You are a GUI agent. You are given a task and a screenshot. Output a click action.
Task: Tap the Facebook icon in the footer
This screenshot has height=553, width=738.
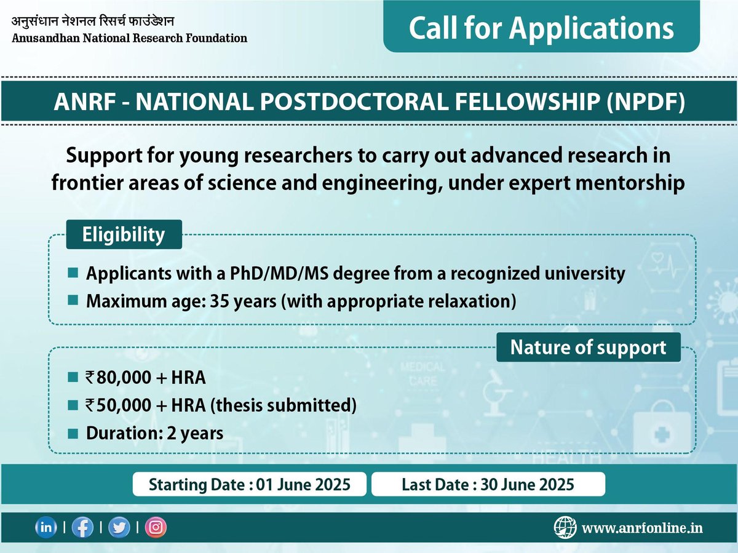82,528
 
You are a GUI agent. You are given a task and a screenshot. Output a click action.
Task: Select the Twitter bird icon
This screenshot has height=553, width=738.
119,528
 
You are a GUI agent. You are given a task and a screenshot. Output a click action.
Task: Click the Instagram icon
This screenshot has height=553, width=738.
156,528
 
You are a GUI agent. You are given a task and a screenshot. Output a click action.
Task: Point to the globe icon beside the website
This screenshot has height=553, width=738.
565,527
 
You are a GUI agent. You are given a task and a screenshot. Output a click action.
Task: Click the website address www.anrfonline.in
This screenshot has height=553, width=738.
642,528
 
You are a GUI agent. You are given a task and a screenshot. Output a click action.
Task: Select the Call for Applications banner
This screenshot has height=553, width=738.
541,28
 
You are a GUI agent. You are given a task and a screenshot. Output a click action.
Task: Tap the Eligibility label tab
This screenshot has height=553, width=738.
124,234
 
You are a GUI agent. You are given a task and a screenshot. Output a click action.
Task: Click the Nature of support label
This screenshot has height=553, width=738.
589,347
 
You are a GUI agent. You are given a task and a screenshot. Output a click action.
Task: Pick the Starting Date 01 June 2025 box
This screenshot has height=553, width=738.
250,484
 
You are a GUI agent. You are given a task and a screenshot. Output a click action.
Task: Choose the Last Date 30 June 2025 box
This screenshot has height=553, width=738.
488,484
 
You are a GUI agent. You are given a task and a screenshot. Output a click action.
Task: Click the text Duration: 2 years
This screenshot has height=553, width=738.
154,433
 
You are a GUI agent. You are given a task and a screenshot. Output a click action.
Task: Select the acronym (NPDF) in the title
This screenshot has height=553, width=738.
645,102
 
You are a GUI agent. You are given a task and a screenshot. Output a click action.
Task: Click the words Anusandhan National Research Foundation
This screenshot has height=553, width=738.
129,38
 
